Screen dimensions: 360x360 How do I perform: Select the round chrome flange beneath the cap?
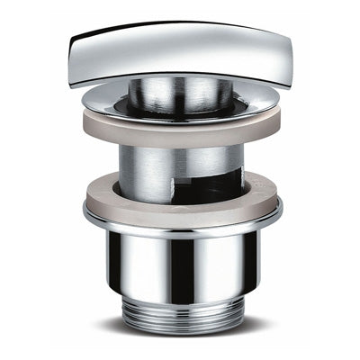(x=180, y=106)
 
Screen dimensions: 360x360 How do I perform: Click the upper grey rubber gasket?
(x=180, y=128)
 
